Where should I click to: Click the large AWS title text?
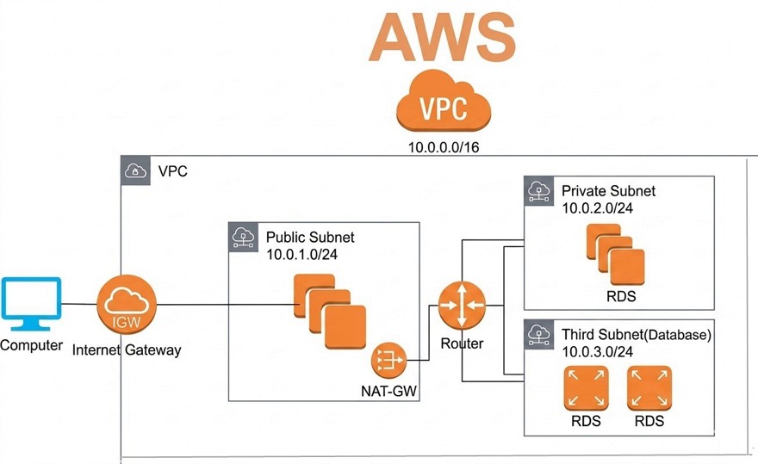443,39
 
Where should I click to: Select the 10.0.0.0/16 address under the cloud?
444,147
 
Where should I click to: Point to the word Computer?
31,345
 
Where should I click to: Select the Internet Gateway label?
126,350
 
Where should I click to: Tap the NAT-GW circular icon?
388,360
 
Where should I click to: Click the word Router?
462,343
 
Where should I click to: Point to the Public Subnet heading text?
309,237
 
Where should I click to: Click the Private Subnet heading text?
608,191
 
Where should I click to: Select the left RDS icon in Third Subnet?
586,388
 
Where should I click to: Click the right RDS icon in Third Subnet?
649,388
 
